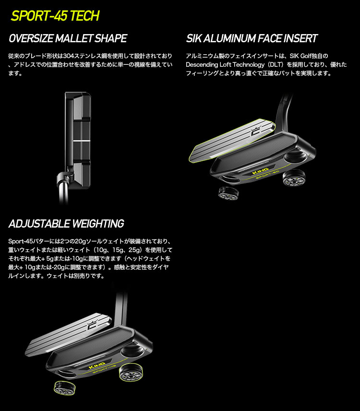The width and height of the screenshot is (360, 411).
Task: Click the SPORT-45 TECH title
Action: [x=55, y=16]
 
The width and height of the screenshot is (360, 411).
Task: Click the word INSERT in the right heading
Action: [x=300, y=38]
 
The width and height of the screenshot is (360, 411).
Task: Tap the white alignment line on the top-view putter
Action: [x=81, y=141]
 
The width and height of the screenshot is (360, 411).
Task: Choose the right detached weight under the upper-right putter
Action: [x=293, y=179]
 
